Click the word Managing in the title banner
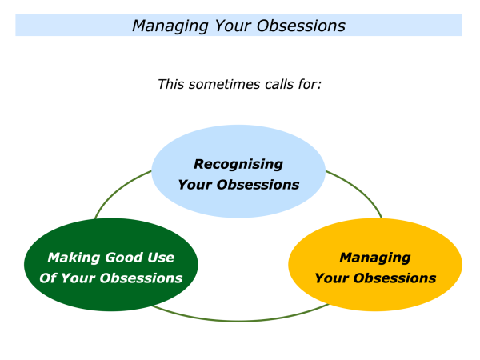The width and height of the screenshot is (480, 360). click(170, 26)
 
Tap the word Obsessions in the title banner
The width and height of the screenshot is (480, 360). click(301, 26)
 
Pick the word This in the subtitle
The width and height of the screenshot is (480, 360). click(170, 84)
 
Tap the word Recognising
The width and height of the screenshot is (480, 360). click(238, 165)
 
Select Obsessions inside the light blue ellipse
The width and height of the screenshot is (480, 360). click(258, 185)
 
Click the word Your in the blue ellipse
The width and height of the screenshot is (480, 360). click(195, 185)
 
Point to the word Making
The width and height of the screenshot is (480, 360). click(74, 258)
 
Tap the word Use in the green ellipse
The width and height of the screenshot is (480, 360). click(161, 258)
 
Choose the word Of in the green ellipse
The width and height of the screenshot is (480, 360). click(48, 278)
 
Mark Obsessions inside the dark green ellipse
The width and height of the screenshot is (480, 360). click(141, 278)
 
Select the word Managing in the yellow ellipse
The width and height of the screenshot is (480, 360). click(375, 258)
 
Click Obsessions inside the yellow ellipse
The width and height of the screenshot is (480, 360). click(394, 278)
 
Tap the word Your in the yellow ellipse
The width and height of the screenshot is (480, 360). click(332, 278)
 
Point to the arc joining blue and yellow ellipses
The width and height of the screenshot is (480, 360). click(361, 190)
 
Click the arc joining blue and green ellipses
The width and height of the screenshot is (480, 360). click(118, 190)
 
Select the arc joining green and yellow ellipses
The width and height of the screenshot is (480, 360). click(238, 321)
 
